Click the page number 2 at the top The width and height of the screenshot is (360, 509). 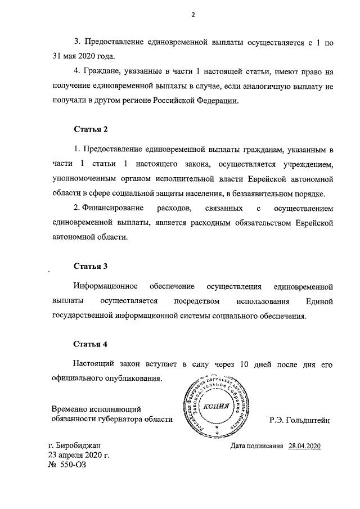point(192,16)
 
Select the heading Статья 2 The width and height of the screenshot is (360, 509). point(91,129)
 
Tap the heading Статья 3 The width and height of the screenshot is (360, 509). point(91,265)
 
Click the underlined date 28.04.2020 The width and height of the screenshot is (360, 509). point(304,446)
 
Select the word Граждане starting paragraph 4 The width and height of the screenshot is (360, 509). point(100,72)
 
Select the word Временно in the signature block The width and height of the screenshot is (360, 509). point(70,409)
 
